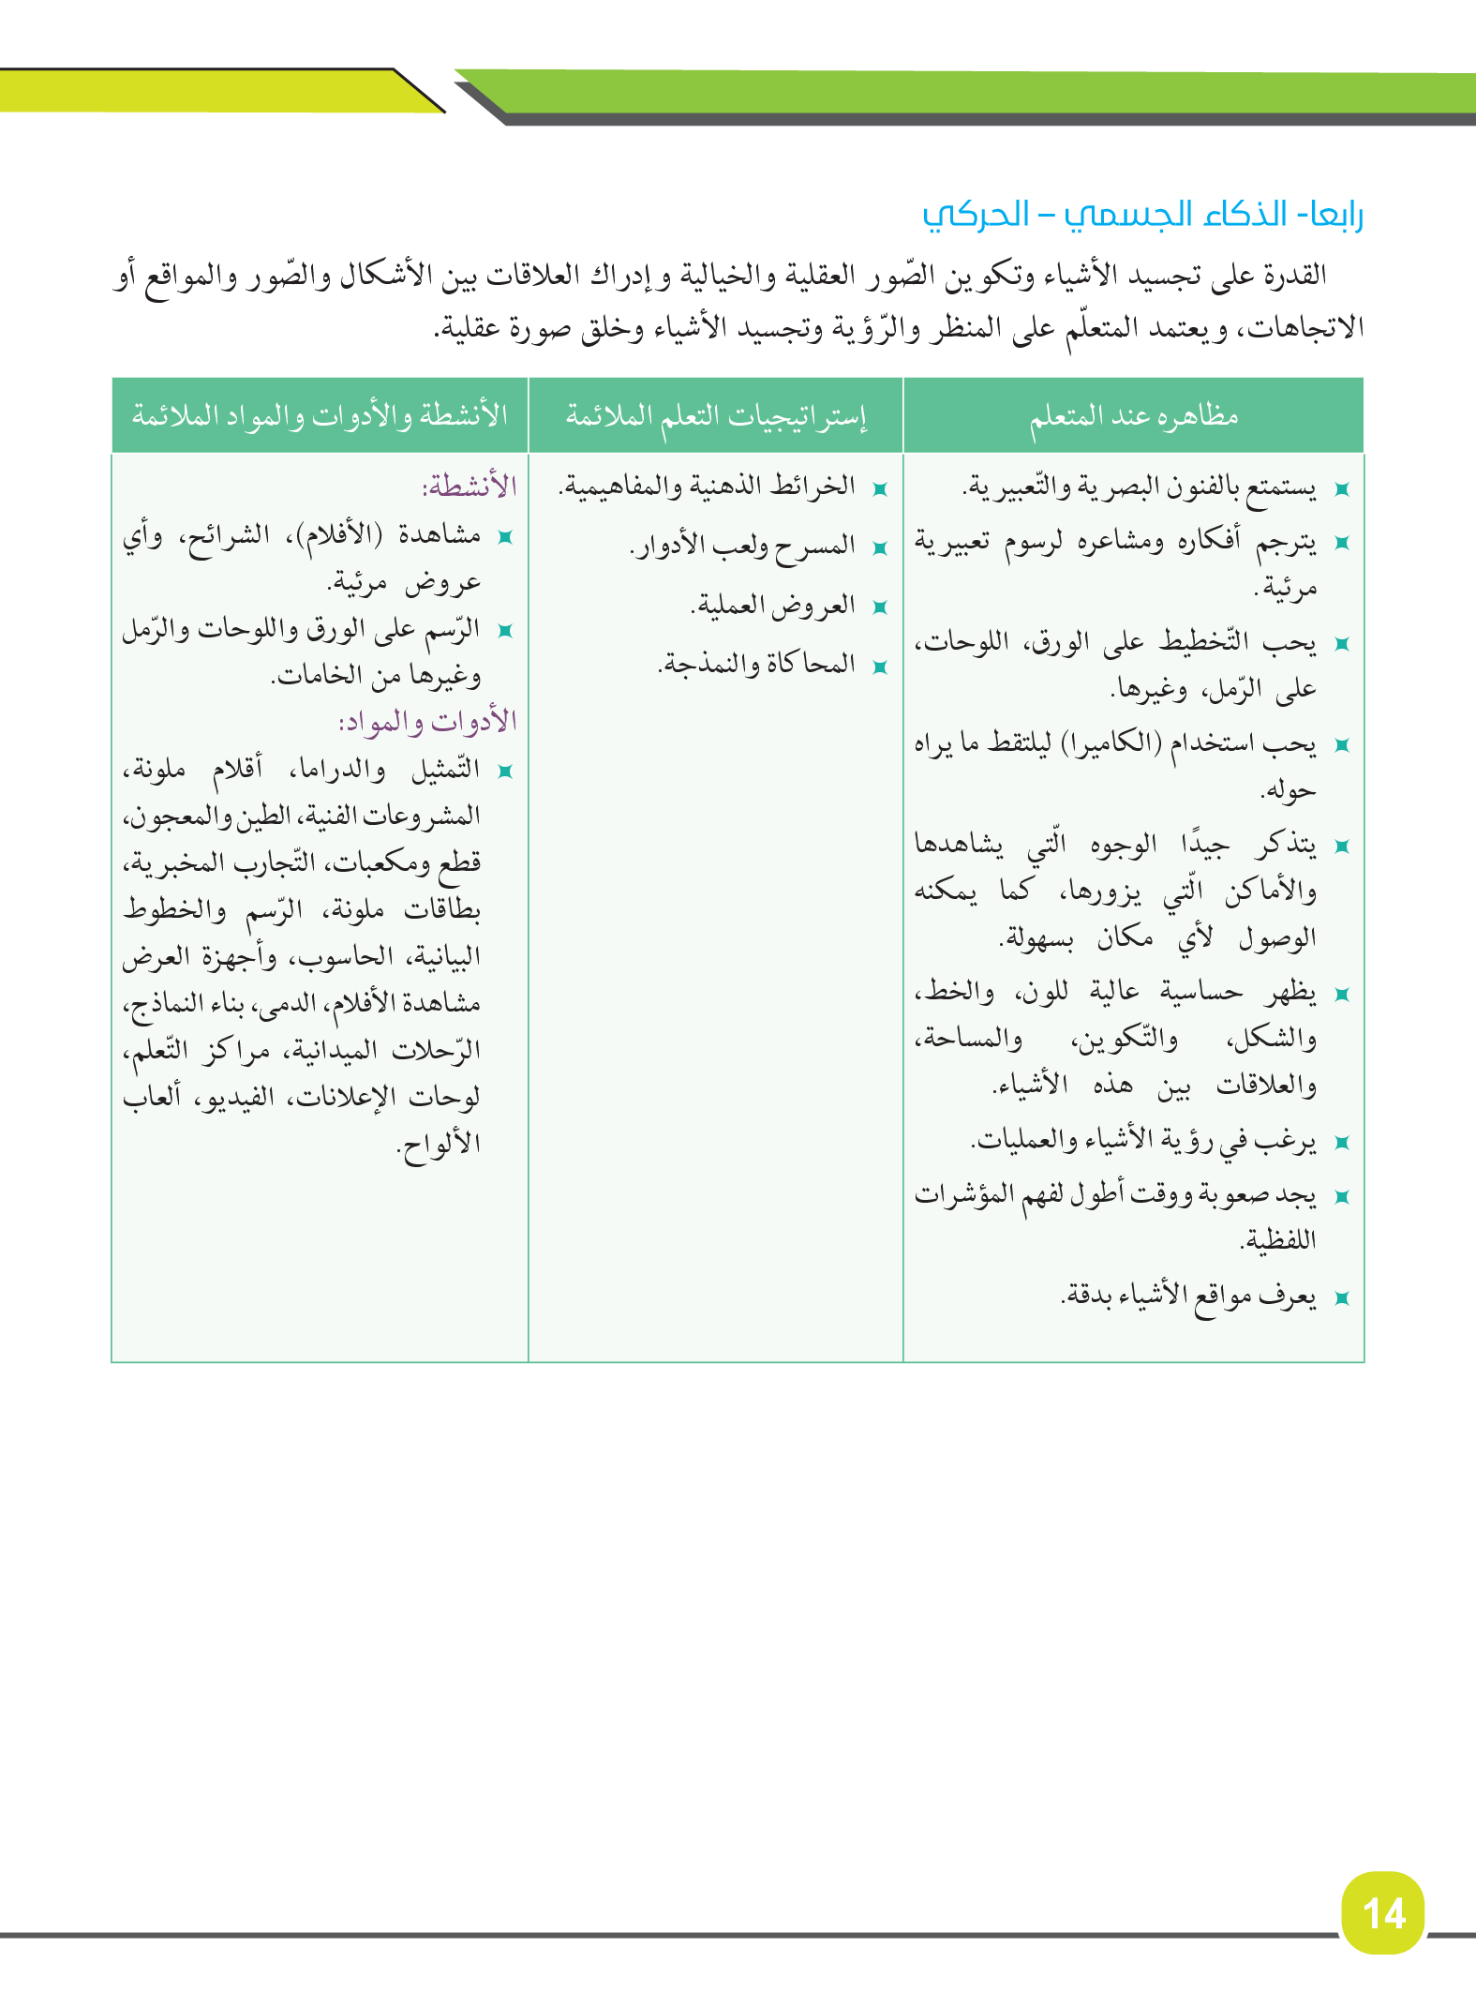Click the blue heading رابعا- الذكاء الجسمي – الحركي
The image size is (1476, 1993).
(x=1142, y=215)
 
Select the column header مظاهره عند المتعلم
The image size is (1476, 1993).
(x=1134, y=415)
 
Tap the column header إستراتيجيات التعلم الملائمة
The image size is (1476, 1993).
(x=716, y=415)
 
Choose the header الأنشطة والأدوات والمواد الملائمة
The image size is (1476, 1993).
(x=320, y=415)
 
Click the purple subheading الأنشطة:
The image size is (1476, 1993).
(x=470, y=487)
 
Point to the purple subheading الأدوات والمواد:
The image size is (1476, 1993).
(x=427, y=721)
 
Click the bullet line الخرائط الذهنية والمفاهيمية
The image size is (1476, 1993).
(x=708, y=487)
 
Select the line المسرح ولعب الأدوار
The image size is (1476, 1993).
(x=743, y=546)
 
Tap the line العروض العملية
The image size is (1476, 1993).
(x=773, y=606)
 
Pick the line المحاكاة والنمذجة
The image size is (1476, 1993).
(x=757, y=665)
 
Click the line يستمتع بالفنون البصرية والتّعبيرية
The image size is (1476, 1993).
(x=1140, y=487)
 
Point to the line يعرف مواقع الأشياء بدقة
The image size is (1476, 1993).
(x=1188, y=1296)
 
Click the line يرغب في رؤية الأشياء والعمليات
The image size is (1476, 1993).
(x=1143, y=1141)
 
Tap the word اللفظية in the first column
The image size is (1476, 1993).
(x=1278, y=1241)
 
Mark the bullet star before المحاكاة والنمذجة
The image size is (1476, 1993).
(x=879, y=667)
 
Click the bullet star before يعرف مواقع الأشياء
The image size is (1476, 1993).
(x=1341, y=1298)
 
